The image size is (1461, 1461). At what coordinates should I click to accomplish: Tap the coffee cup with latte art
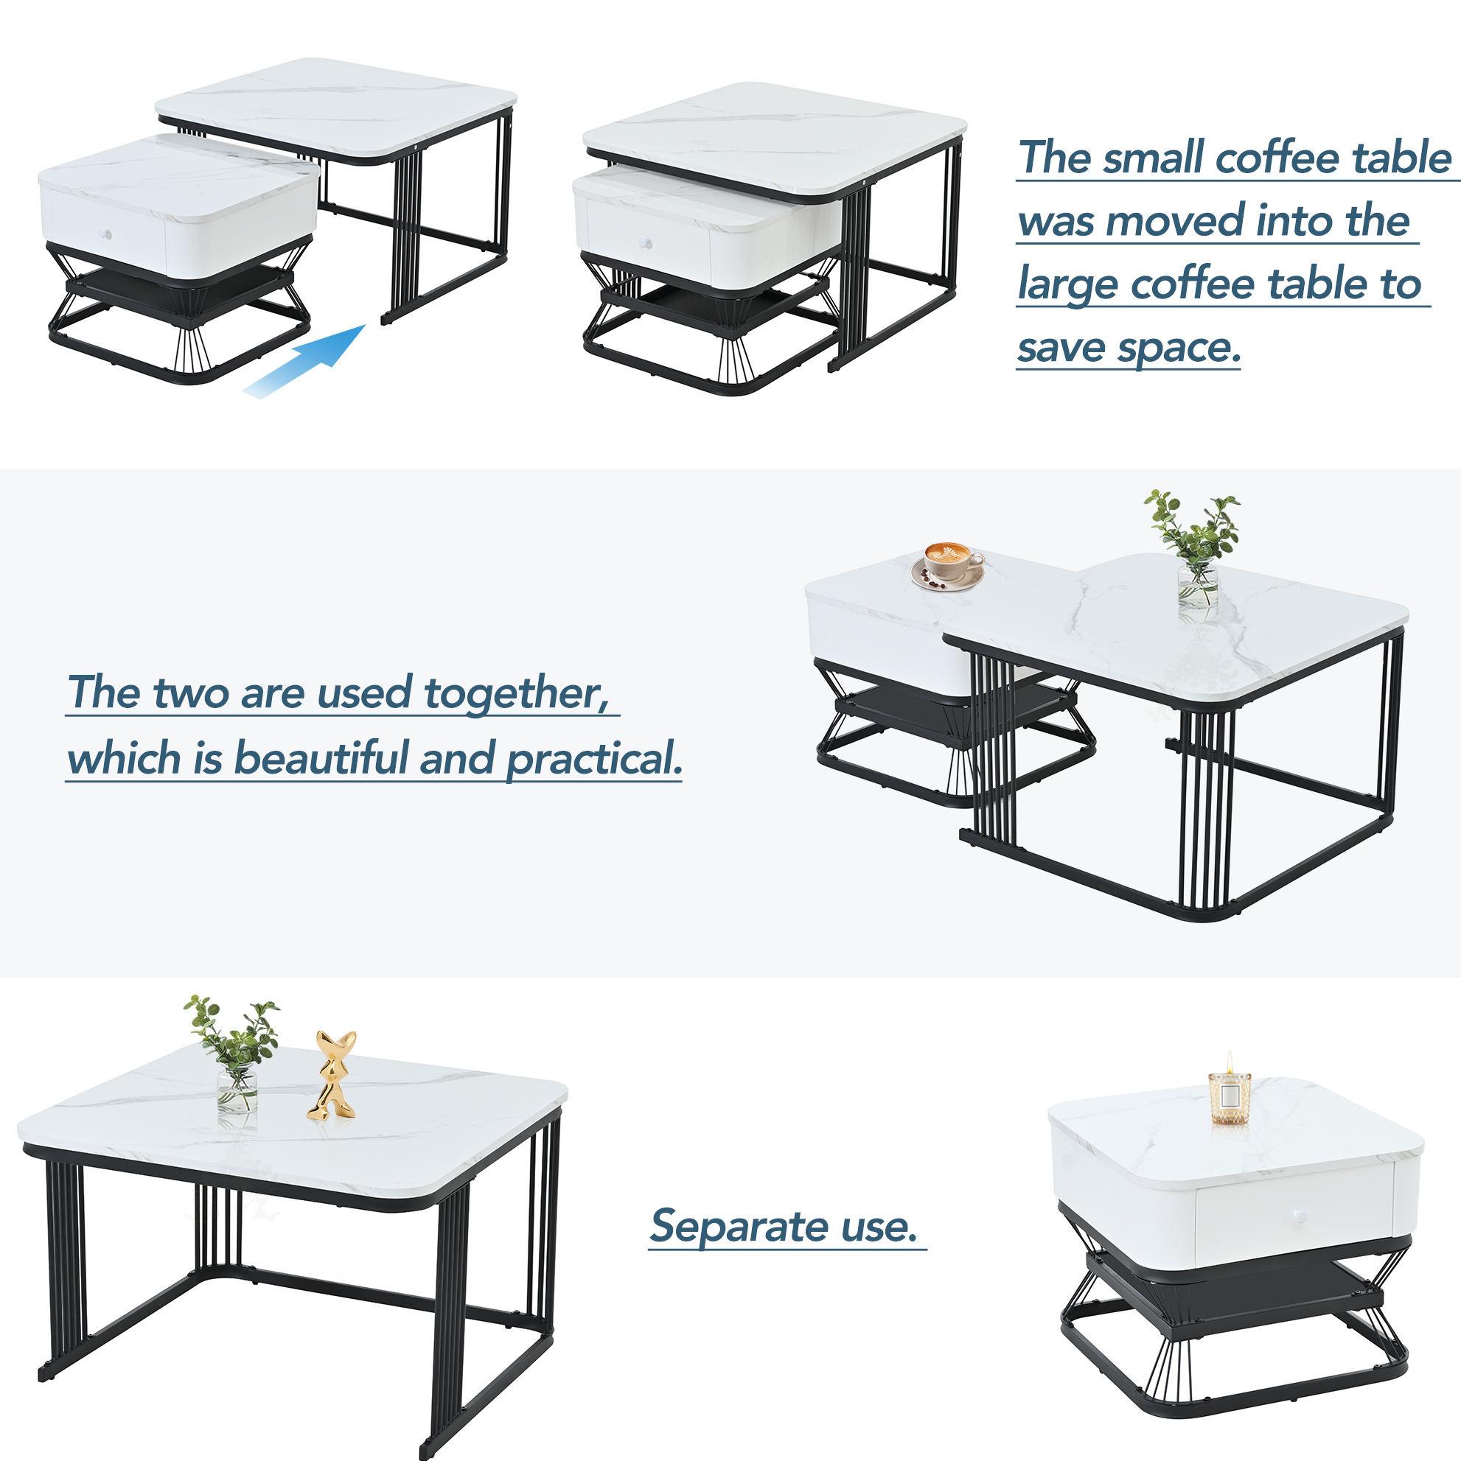[x=948, y=564]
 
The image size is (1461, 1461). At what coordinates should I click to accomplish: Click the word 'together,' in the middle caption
[x=517, y=694]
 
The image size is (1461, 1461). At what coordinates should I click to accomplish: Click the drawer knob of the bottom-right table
[x=1299, y=1216]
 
